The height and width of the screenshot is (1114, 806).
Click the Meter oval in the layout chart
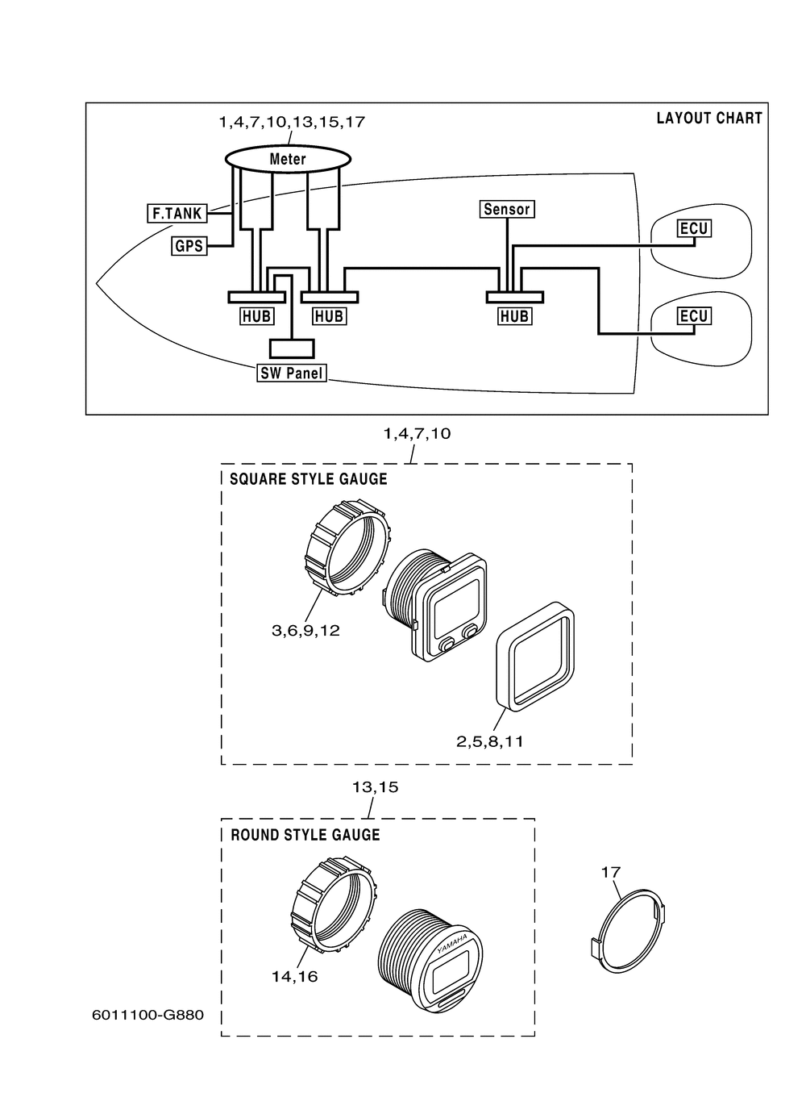(288, 159)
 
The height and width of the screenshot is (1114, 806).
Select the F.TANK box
(177, 213)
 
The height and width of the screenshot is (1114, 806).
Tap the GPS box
(189, 246)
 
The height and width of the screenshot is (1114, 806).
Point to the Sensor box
(507, 209)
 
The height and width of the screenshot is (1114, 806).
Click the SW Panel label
(292, 373)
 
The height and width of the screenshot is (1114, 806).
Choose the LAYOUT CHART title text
(709, 118)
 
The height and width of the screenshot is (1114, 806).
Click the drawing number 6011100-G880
(148, 1015)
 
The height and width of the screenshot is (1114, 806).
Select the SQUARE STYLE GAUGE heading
(308, 479)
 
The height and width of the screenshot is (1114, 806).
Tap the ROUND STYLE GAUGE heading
(305, 835)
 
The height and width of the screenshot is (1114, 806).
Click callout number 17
(611, 872)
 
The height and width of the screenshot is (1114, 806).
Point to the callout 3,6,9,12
(305, 631)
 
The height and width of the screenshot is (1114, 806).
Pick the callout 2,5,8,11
(490, 741)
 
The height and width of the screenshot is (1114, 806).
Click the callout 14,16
(295, 976)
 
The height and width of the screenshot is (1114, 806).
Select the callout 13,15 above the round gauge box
(376, 787)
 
